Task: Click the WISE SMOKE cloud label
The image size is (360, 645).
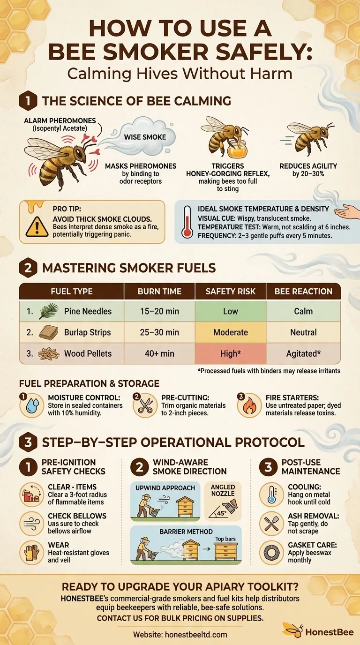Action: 145,137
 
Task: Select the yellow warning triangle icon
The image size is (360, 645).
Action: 37,226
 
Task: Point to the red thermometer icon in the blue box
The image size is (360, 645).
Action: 187,222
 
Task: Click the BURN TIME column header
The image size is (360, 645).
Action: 159,292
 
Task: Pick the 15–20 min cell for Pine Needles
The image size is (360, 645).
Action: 159,311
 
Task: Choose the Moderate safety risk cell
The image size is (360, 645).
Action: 231,332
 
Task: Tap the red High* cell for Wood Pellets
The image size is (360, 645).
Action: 231,353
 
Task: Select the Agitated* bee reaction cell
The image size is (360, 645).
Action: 303,353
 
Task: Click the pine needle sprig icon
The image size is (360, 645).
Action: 49,311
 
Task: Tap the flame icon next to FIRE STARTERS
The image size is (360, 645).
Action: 249,406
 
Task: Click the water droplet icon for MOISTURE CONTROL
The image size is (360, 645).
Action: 32,406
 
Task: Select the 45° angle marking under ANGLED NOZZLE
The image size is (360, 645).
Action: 221,513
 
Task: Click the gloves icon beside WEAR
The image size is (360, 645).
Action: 32,552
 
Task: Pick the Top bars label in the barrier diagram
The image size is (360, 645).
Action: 225,539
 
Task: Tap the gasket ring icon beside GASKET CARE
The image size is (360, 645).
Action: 271,552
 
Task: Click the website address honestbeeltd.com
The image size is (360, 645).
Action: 196,634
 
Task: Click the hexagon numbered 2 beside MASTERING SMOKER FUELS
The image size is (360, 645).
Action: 28,268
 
